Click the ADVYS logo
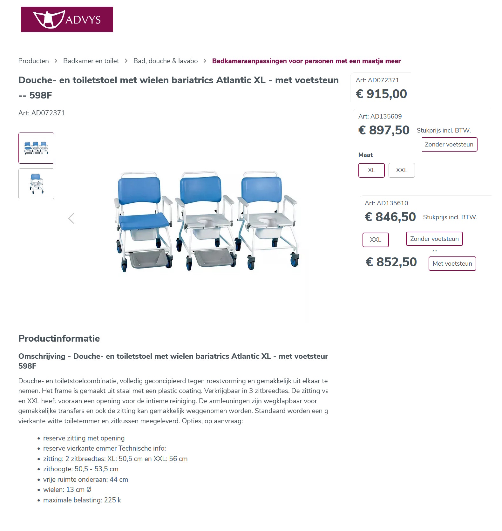click(x=67, y=19)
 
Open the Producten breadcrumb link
click(x=33, y=61)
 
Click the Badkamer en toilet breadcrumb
click(x=91, y=61)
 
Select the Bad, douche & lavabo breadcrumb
click(x=165, y=61)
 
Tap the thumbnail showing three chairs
click(x=36, y=148)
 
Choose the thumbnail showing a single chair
click(x=36, y=184)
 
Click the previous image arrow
click(x=71, y=218)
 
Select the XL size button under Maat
click(x=371, y=170)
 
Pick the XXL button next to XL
click(x=401, y=170)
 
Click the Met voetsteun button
click(x=452, y=264)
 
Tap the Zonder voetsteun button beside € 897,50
click(x=449, y=145)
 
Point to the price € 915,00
click(x=381, y=94)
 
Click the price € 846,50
click(x=390, y=217)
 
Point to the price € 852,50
click(x=391, y=262)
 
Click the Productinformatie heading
click(x=59, y=338)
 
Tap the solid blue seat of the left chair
click(x=144, y=221)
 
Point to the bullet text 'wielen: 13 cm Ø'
click(x=67, y=490)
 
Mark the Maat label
click(x=365, y=155)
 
